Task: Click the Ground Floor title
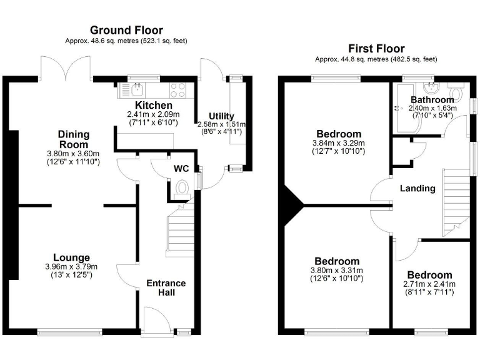click(x=126, y=30)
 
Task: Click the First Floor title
click(x=377, y=48)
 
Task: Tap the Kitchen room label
click(x=154, y=105)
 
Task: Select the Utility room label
click(x=221, y=116)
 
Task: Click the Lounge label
click(x=71, y=257)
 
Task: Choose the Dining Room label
click(x=74, y=139)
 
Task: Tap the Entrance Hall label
click(x=166, y=288)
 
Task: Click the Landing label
click(x=417, y=188)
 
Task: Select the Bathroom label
click(x=432, y=99)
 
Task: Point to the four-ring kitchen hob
click(x=177, y=90)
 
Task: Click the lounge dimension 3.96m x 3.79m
click(x=71, y=267)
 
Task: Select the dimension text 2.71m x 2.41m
click(x=429, y=284)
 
